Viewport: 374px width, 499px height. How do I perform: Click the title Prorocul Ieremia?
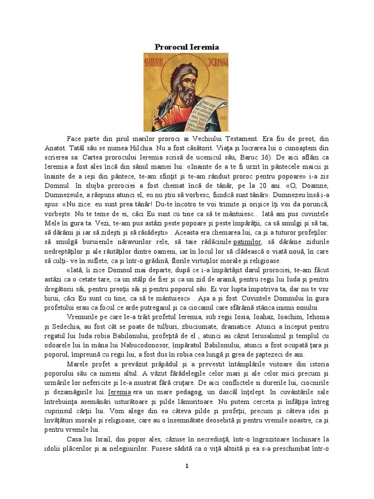(187, 47)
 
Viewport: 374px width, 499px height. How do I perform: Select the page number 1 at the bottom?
(187, 466)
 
